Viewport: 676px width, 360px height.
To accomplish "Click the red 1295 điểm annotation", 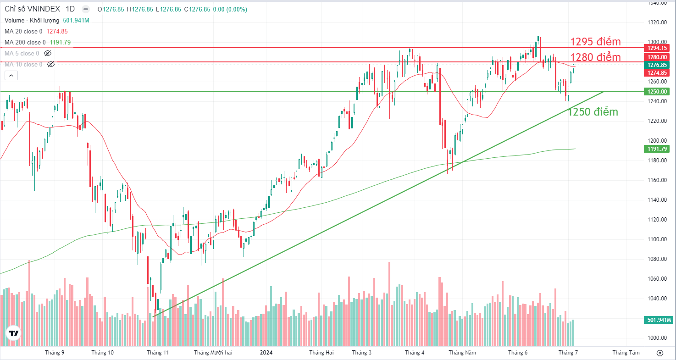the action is click(x=595, y=42).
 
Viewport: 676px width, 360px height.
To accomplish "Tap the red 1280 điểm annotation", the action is click(x=595, y=57).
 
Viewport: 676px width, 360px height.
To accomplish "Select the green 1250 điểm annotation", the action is click(x=593, y=112).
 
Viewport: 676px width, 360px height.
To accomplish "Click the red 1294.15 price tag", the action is click(x=657, y=48).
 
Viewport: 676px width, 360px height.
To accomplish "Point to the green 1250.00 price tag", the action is click(x=657, y=91).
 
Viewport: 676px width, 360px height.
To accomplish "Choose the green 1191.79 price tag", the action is click(x=657, y=149).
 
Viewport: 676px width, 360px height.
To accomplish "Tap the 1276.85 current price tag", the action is click(x=657, y=65).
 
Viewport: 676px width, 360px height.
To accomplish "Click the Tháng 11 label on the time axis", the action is click(x=158, y=353).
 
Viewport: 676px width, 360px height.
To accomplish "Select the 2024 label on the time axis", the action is click(x=266, y=353).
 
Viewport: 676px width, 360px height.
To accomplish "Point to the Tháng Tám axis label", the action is click(x=626, y=353).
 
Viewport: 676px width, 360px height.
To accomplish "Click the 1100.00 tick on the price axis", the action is click(x=657, y=239).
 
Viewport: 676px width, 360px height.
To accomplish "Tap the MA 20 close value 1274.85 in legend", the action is click(x=57, y=31).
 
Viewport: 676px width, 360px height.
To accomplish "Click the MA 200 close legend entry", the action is click(x=25, y=42).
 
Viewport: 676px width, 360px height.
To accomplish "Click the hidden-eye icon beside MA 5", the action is click(x=48, y=53).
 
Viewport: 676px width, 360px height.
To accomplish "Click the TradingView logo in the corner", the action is click(x=13, y=333).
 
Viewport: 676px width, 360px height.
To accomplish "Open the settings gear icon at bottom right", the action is click(x=660, y=353).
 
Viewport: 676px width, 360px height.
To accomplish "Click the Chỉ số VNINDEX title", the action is click(x=32, y=9).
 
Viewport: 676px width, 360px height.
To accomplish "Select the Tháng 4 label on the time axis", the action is click(x=415, y=353).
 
